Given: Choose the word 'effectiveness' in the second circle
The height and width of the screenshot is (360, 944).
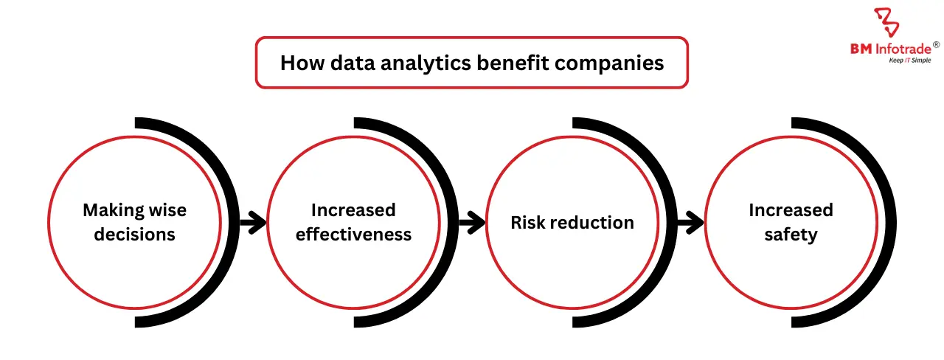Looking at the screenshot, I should [x=353, y=235].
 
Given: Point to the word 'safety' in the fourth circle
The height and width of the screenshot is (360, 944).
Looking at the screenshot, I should [x=791, y=235].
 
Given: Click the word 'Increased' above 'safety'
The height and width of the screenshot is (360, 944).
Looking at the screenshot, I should [x=791, y=210].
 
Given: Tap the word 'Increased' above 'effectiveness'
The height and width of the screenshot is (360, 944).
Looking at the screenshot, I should [x=353, y=210].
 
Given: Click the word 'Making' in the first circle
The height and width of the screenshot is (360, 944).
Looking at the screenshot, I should [x=111, y=210].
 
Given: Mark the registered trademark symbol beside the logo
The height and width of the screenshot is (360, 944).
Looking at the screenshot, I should [x=936, y=44].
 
